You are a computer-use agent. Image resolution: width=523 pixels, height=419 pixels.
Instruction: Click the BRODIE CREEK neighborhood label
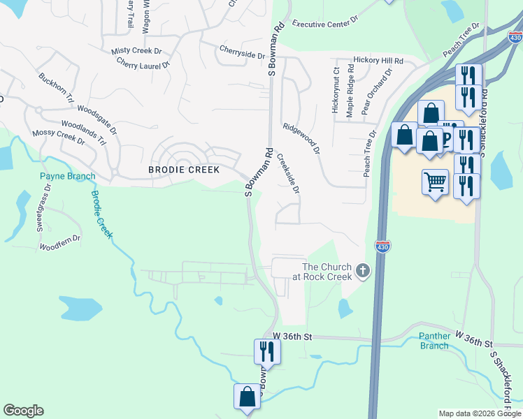click(184, 170)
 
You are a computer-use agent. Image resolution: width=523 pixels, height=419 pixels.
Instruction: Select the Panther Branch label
click(434, 341)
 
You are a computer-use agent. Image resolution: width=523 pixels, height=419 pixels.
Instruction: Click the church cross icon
click(362, 270)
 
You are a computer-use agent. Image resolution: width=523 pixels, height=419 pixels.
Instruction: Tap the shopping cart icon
click(435, 183)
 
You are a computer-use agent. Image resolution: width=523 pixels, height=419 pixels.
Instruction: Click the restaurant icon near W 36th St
click(266, 351)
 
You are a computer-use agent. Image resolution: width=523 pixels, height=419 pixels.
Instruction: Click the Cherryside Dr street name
click(242, 53)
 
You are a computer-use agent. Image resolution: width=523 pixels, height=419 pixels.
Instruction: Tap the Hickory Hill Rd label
click(378, 61)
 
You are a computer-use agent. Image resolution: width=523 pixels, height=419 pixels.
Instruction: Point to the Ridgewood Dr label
click(301, 138)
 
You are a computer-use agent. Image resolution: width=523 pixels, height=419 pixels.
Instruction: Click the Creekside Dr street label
click(287, 174)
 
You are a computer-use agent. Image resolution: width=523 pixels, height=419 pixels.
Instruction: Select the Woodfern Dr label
click(60, 243)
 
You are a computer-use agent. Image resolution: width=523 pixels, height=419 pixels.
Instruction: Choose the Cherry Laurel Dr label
click(143, 66)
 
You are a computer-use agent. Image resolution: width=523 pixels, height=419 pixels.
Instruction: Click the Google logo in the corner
click(23, 411)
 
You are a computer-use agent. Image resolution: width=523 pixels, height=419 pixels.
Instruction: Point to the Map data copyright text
click(480, 413)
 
